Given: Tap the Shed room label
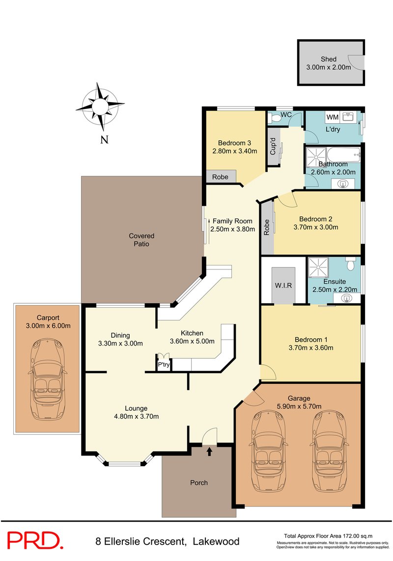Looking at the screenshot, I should (329, 59).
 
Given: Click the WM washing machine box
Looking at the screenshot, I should (333, 117).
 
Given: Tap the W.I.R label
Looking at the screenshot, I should (283, 285).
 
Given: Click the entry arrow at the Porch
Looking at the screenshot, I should (210, 451).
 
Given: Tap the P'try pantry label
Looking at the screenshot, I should (163, 365).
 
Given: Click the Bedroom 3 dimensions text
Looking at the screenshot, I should (235, 151).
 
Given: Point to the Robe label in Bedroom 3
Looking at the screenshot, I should (220, 177).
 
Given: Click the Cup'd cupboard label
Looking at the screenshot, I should (274, 146).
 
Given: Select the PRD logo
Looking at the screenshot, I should (35, 540).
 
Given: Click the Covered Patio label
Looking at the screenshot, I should (141, 240).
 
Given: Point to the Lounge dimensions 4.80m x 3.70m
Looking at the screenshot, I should (136, 417).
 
